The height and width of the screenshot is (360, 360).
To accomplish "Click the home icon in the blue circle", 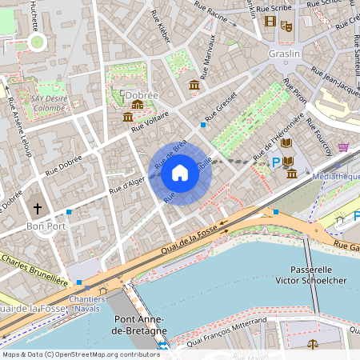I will pyautogui.click(x=180, y=172).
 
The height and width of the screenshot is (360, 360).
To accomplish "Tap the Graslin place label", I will pyautogui.click(x=284, y=54).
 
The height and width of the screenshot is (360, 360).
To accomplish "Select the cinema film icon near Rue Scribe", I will pyautogui.click(x=270, y=22).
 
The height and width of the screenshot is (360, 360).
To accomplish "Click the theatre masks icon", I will pyautogui.click(x=286, y=26).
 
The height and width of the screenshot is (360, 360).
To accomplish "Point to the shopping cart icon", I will pyautogui.click(x=343, y=148).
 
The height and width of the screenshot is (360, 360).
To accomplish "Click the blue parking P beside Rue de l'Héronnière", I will pyautogui.click(x=277, y=162).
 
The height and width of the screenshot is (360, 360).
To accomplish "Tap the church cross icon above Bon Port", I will pyautogui.click(x=37, y=209).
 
